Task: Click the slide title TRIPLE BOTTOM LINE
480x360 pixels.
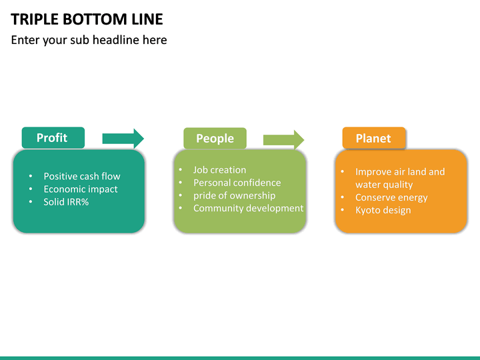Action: [87, 19]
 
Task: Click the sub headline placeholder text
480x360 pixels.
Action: [89, 40]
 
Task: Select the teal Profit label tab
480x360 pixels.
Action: [53, 137]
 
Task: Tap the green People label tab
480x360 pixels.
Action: [215, 138]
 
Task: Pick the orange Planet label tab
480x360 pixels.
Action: [373, 138]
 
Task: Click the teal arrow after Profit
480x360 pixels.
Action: [123, 138]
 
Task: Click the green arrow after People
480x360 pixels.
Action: [283, 139]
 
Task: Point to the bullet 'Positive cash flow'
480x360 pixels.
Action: [82, 176]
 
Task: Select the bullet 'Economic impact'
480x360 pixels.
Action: [81, 189]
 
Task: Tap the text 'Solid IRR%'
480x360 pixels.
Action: [66, 201]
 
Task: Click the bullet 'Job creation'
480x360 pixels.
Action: [219, 170]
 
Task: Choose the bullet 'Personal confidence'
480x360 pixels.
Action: [237, 183]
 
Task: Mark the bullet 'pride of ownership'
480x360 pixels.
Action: [234, 195]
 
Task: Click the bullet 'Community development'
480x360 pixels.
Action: [248, 208]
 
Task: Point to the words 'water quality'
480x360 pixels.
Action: [384, 185]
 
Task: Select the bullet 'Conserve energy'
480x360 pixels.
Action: [391, 197]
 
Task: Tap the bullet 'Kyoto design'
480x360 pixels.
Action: [383, 210]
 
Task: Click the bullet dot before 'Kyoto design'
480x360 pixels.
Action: [342, 211]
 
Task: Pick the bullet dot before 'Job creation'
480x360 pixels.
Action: [181, 170]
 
